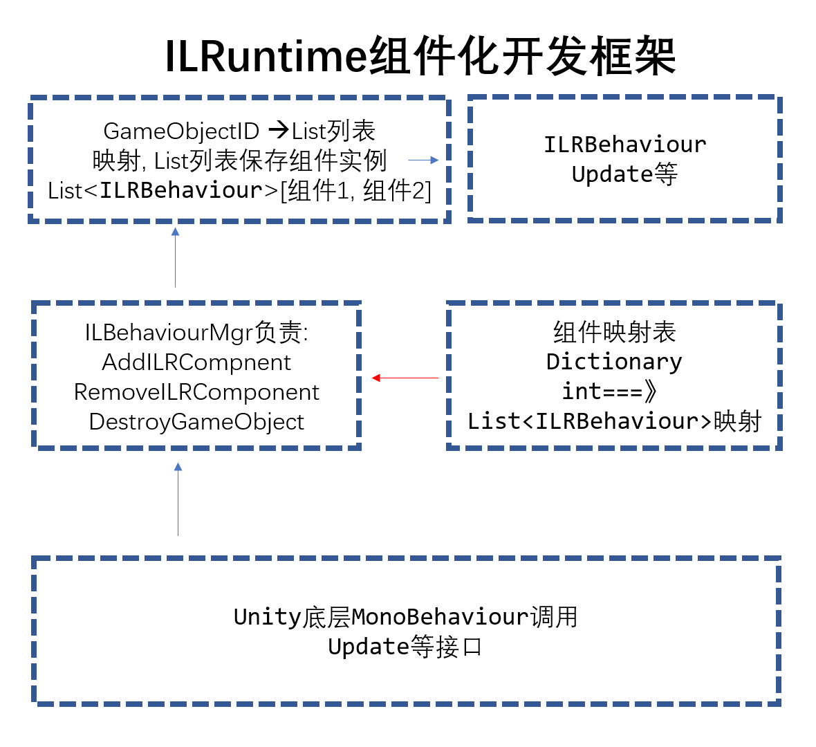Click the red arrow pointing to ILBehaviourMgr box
coord(405,378)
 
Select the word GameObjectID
coord(181,131)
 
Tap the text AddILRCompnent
coord(196,362)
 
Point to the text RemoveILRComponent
coord(196,392)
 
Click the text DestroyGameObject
coord(196,422)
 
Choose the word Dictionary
coord(614,362)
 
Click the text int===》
coord(609,391)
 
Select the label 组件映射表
coord(614,332)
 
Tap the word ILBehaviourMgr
coord(169,333)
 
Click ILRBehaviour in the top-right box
coord(624,145)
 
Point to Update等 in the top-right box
coord(624,174)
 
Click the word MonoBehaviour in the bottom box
coord(441,616)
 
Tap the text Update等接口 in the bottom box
coord(405,647)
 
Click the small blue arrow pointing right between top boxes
coord(423,160)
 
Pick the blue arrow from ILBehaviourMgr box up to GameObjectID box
coord(176,257)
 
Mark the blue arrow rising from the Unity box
coord(178,499)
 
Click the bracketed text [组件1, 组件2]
coord(355,191)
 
